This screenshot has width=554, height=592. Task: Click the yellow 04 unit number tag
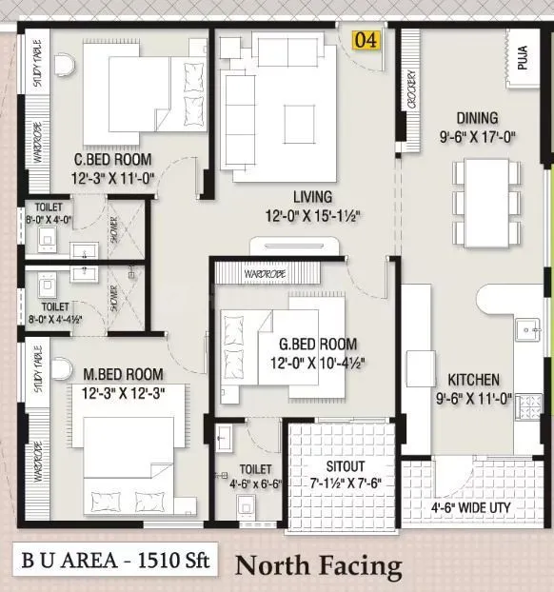coord(366,41)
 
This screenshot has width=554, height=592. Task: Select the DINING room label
coord(477,118)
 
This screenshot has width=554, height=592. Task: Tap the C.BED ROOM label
coord(114,159)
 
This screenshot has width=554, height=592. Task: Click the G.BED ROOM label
coord(318,344)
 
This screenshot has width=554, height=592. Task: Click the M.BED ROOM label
coord(122,374)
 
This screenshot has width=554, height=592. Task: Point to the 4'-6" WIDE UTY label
coord(470,508)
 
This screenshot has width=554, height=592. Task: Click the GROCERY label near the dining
coord(410,91)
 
